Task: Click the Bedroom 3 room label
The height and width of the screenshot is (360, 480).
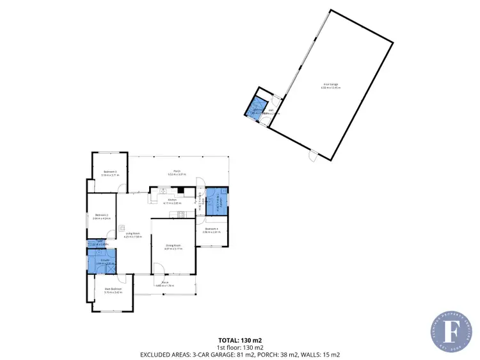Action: click(x=110, y=171)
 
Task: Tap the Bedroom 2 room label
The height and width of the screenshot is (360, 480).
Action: click(x=101, y=215)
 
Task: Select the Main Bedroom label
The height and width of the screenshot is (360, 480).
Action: click(x=113, y=289)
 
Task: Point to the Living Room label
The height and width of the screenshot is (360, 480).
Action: click(x=133, y=233)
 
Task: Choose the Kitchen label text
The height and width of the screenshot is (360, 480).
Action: click(x=172, y=200)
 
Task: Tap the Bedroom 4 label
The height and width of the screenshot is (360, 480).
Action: click(x=212, y=229)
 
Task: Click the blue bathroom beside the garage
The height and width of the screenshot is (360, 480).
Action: click(x=257, y=106)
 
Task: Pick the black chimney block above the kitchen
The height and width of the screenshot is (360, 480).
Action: click(x=181, y=190)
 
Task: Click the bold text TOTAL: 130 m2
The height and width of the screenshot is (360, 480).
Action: click(x=239, y=340)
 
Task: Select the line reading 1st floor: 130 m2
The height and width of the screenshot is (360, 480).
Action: click(x=239, y=347)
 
